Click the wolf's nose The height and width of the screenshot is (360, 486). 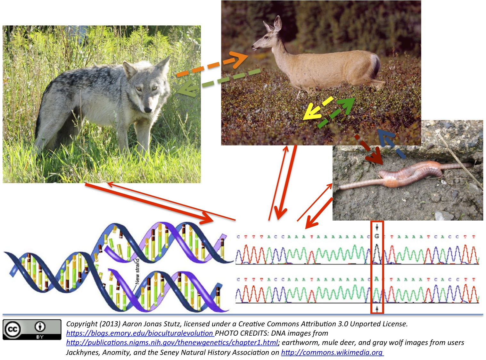(x=148, y=110)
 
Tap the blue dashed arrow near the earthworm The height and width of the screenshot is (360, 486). (x=391, y=143)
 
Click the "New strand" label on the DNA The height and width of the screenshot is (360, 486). (x=137, y=271)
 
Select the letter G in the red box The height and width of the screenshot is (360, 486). (x=377, y=236)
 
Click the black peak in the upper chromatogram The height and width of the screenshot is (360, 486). (x=377, y=253)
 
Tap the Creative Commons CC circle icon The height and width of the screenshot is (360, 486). (x=12, y=330)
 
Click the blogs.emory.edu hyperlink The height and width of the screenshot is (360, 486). (x=140, y=333)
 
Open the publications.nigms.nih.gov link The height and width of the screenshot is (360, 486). (x=172, y=342)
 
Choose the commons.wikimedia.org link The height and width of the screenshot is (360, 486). (x=332, y=352)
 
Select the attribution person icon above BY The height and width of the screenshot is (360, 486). (x=40, y=327)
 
